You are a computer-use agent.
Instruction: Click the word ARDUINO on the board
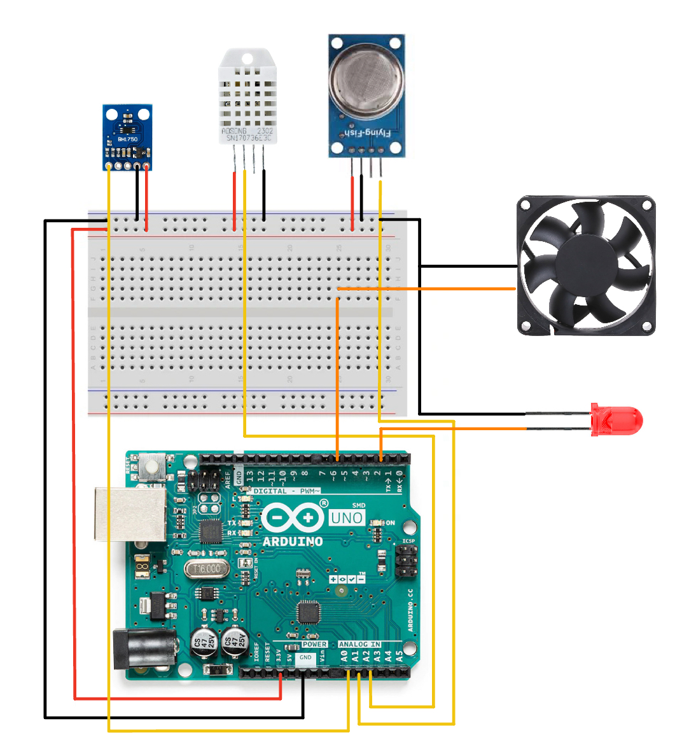(293, 542)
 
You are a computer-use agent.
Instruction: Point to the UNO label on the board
(347, 518)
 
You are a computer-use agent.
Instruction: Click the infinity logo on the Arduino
(292, 517)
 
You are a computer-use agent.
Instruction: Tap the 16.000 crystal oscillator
(207, 569)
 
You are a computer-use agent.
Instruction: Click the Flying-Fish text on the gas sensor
(362, 133)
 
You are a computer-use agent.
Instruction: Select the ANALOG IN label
(359, 644)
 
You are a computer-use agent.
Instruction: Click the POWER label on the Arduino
(314, 644)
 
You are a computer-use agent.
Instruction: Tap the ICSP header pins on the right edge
(407, 561)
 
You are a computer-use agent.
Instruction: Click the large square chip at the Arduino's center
(309, 612)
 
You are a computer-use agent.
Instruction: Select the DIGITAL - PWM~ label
(286, 491)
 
